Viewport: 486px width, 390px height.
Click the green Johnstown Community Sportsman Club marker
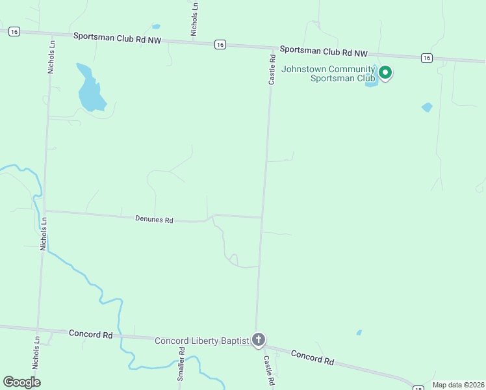385,72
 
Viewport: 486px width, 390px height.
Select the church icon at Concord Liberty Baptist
259,339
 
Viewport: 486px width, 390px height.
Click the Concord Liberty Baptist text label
201,341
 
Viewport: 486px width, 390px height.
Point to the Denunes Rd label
154,220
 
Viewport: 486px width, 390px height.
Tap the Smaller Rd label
182,364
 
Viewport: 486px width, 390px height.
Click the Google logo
21,382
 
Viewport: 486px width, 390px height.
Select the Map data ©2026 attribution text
458,385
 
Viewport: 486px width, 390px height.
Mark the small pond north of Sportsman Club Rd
156,27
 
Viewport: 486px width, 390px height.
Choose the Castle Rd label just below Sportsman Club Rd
273,68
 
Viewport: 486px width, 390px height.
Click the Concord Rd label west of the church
90,334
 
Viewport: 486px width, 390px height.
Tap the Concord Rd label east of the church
312,357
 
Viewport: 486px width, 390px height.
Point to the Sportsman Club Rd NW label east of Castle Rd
324,50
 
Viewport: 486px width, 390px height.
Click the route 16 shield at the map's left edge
15,31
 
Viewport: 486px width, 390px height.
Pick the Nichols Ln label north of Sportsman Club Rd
194,18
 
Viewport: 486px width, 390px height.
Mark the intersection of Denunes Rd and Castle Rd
262,218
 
